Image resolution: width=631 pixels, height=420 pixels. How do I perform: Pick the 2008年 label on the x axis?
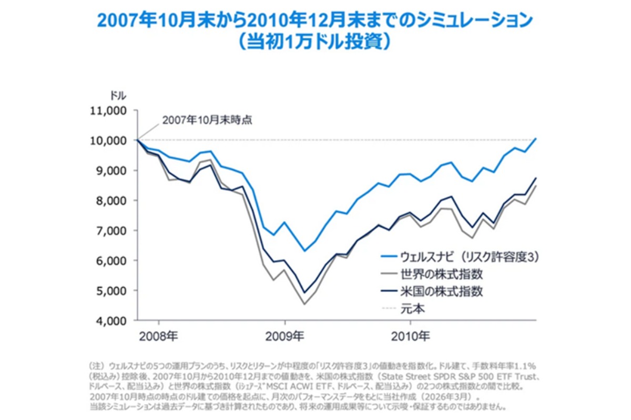click(158, 335)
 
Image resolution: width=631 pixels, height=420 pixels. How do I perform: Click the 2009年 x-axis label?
click(284, 335)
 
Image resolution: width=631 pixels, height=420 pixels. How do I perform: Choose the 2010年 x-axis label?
click(411, 335)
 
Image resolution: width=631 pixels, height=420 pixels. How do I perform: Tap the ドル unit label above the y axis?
click(118, 96)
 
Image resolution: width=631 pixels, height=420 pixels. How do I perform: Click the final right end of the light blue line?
click(536, 139)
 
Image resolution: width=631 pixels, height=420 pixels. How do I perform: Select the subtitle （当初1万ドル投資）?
click(315, 41)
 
